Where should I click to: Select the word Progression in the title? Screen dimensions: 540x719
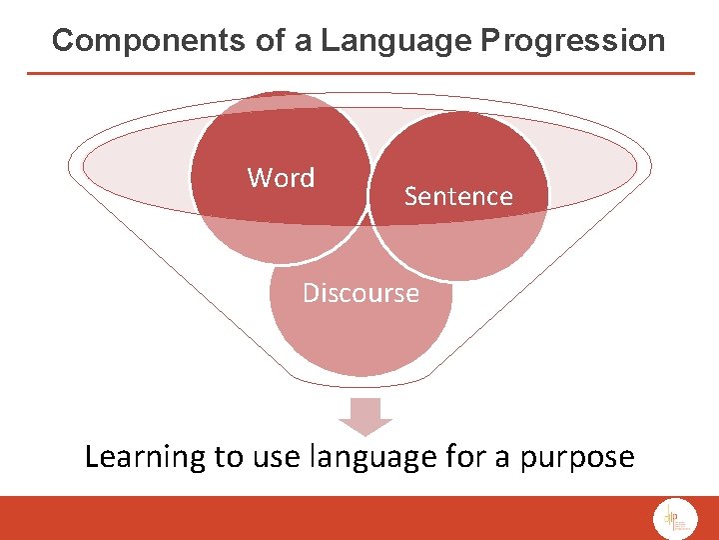point(572,41)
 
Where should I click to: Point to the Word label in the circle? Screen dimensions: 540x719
point(281,178)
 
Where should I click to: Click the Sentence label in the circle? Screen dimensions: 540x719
point(457,196)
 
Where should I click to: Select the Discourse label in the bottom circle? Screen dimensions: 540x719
point(360,293)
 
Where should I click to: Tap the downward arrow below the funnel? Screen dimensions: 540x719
point(365,413)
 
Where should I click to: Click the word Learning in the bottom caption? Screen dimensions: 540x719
point(145,457)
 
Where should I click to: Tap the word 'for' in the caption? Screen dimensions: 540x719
point(463,457)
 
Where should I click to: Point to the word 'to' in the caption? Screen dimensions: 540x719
point(228,458)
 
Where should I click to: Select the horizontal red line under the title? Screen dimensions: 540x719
point(359,73)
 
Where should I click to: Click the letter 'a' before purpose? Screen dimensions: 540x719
point(502,459)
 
